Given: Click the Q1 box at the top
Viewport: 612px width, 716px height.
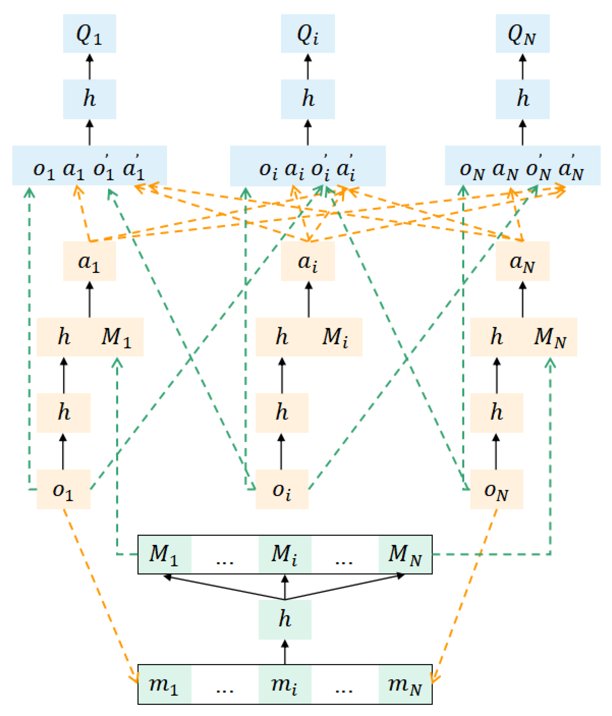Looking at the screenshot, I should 89,34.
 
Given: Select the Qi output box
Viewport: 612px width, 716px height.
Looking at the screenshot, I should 308,34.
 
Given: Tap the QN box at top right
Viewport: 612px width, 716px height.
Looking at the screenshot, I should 523,34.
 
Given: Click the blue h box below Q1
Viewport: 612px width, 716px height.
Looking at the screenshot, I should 89,99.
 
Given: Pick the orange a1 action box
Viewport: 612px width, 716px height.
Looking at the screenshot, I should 89,261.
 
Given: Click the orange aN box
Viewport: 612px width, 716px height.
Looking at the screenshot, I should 523,261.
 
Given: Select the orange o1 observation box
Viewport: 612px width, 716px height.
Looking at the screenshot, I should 64,489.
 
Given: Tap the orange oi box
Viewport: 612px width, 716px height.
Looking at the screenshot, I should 282,489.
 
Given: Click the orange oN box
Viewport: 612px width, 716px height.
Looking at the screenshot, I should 497,489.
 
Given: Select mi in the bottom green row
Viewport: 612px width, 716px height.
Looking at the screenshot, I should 285,685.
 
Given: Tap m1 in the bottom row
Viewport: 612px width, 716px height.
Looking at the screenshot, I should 164,685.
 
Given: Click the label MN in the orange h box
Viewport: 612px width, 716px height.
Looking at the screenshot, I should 550,337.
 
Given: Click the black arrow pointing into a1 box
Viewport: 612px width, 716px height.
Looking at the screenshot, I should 90,299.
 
